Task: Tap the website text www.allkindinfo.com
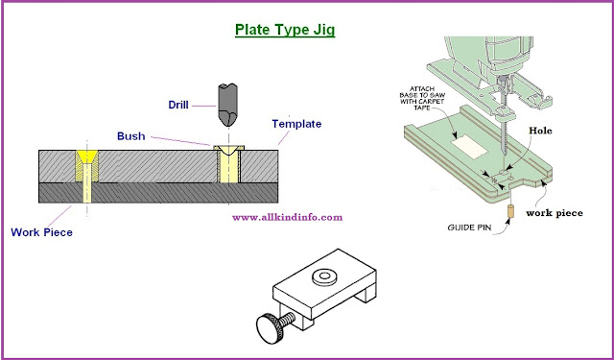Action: pyautogui.click(x=287, y=217)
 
